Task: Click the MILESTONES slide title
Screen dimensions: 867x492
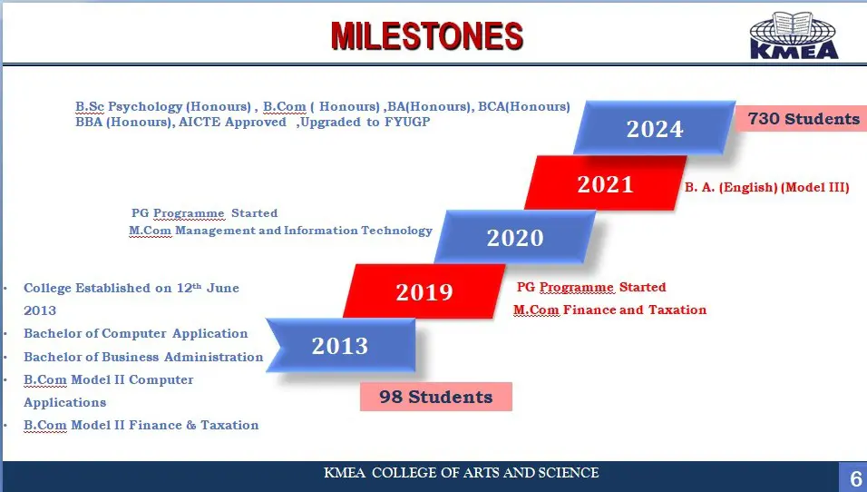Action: coord(427,36)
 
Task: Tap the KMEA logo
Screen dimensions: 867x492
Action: coord(794,35)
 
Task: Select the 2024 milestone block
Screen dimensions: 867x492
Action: coord(655,128)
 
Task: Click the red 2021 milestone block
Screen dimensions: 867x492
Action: coord(606,183)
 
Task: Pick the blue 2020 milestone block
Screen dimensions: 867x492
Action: coord(515,237)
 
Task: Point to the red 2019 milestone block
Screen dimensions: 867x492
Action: coord(424,291)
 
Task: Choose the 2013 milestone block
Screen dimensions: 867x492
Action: coord(341,345)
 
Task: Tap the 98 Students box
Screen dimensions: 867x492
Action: coord(435,397)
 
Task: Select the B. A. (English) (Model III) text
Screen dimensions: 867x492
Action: coord(767,187)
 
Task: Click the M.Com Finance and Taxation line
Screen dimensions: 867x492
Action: coord(609,310)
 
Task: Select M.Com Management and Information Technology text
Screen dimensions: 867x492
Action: coord(280,231)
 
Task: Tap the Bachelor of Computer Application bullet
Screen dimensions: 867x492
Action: coord(135,333)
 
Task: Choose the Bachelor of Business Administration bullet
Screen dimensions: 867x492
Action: coord(143,357)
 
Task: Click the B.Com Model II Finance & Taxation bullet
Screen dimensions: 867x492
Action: coord(141,425)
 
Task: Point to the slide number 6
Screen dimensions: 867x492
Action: coord(856,478)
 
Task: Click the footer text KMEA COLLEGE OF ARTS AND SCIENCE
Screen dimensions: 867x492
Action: coord(461,473)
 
